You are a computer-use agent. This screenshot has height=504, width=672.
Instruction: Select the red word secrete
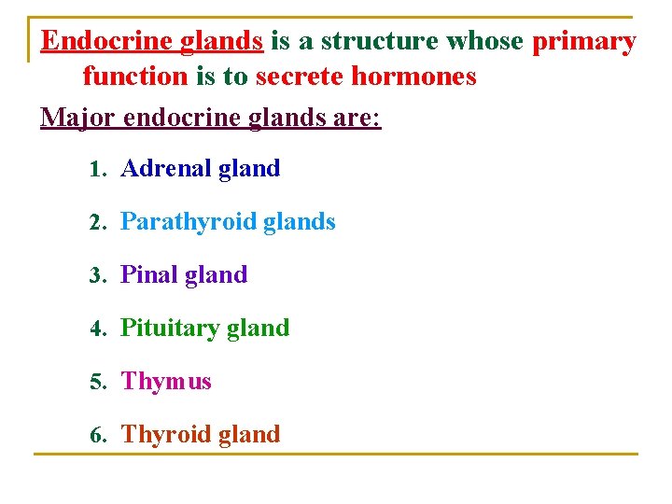pos(299,77)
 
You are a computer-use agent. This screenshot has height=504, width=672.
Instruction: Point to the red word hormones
pos(413,77)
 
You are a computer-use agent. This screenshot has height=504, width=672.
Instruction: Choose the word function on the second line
pos(135,77)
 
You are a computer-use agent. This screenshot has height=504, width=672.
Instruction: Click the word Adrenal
pos(166,169)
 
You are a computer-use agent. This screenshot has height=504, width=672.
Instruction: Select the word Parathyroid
pos(189,222)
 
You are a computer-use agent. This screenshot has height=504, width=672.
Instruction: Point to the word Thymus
pos(166,382)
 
